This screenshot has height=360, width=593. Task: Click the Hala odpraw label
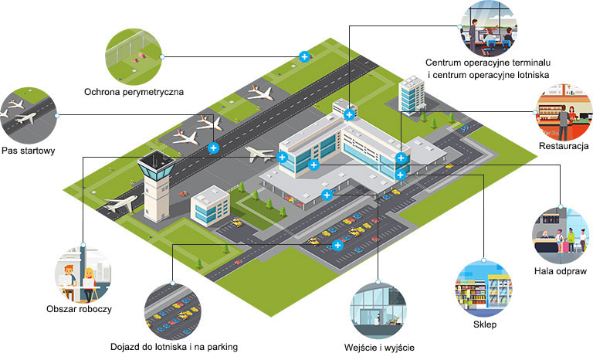[x=561, y=271]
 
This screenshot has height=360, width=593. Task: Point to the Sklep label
[x=484, y=325]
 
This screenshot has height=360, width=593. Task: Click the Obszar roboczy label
[x=79, y=309]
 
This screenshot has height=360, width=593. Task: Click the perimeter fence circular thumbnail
[x=134, y=56]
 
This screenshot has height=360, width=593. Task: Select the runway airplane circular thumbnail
[x=28, y=115]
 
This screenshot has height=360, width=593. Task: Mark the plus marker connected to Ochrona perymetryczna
[x=304, y=56]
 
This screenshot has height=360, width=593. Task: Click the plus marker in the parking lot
[x=337, y=245]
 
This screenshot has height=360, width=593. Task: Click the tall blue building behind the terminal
[x=411, y=94]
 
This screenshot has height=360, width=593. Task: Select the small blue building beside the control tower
[x=210, y=205]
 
